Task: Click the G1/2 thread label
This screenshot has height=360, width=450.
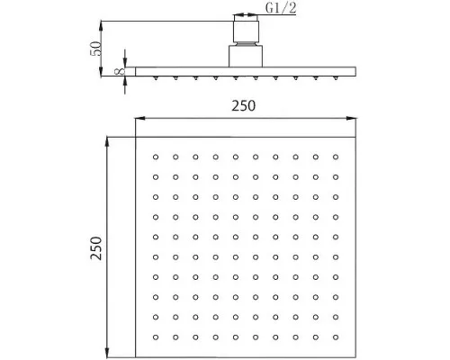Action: (281, 8)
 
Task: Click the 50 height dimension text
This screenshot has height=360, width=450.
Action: (95, 49)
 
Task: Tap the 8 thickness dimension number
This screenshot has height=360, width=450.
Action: (120, 71)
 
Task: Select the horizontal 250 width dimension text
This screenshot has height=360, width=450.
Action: (243, 105)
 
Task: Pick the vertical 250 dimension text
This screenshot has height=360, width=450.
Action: (96, 247)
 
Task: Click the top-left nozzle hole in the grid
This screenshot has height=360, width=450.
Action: (156, 157)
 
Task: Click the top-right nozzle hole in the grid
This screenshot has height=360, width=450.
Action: (336, 157)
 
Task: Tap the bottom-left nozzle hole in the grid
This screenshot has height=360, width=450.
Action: (156, 337)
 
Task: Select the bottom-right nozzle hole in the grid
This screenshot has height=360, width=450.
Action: (336, 337)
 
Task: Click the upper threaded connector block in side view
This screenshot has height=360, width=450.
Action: (246, 31)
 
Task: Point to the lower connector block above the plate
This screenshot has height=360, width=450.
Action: (246, 56)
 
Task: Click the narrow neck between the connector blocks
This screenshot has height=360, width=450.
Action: (246, 44)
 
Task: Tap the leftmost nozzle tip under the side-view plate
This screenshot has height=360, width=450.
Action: (156, 78)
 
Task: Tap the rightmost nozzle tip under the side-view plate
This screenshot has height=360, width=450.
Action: (336, 78)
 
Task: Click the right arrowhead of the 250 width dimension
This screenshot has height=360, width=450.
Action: (351, 118)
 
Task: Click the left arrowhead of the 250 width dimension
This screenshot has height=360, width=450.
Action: (140, 118)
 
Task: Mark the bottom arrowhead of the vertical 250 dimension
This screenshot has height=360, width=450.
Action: (107, 352)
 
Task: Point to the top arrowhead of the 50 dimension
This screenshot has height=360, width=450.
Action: (102, 26)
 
